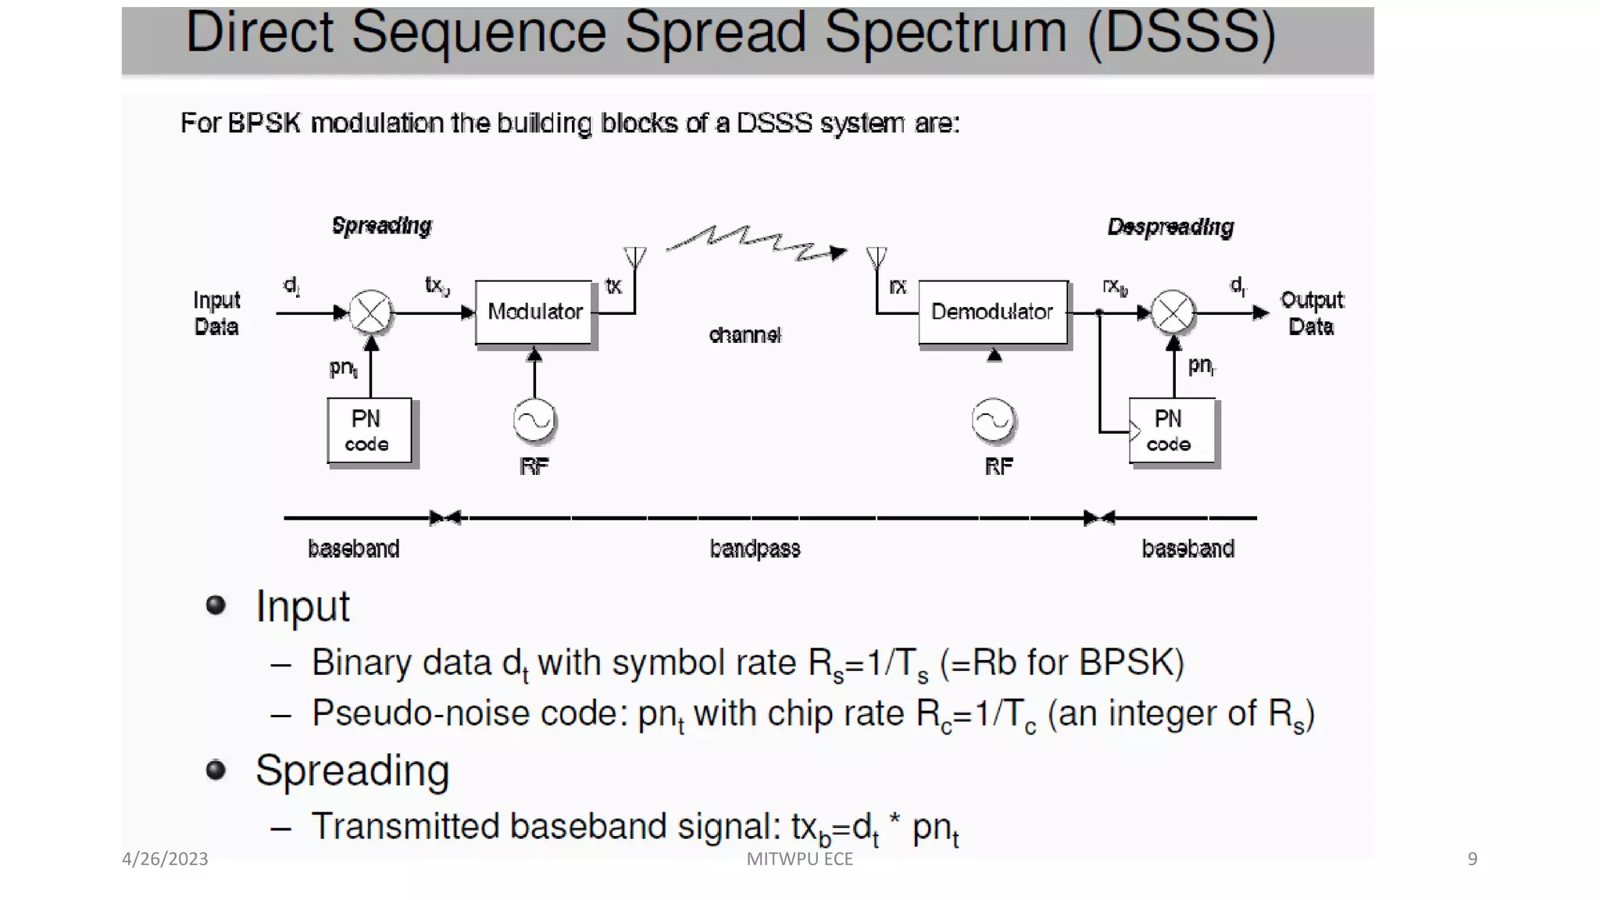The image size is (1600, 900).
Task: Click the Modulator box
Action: [x=534, y=312]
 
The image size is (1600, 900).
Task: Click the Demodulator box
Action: [x=992, y=312]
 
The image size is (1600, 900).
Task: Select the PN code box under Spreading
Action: [x=369, y=430]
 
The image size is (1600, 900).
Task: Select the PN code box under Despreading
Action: [x=1171, y=430]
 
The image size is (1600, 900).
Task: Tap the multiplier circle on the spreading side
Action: [x=370, y=312]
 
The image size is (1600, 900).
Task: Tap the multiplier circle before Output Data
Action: [x=1173, y=312]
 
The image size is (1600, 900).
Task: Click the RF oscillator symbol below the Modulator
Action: [x=534, y=420]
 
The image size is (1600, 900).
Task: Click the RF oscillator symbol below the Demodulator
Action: [x=993, y=420]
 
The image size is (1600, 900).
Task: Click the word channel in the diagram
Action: [x=745, y=335]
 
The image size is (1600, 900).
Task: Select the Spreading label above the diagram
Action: [x=381, y=226]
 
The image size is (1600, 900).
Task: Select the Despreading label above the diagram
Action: [x=1170, y=227]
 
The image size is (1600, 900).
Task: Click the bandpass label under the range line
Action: [x=755, y=548]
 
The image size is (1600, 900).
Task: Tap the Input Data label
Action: [x=216, y=313]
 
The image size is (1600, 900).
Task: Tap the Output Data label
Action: [x=1311, y=313]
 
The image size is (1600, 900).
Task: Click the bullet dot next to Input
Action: [x=216, y=605]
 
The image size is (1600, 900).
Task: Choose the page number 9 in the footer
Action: [x=1472, y=859]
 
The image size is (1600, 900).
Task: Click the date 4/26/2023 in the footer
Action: [x=165, y=859]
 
